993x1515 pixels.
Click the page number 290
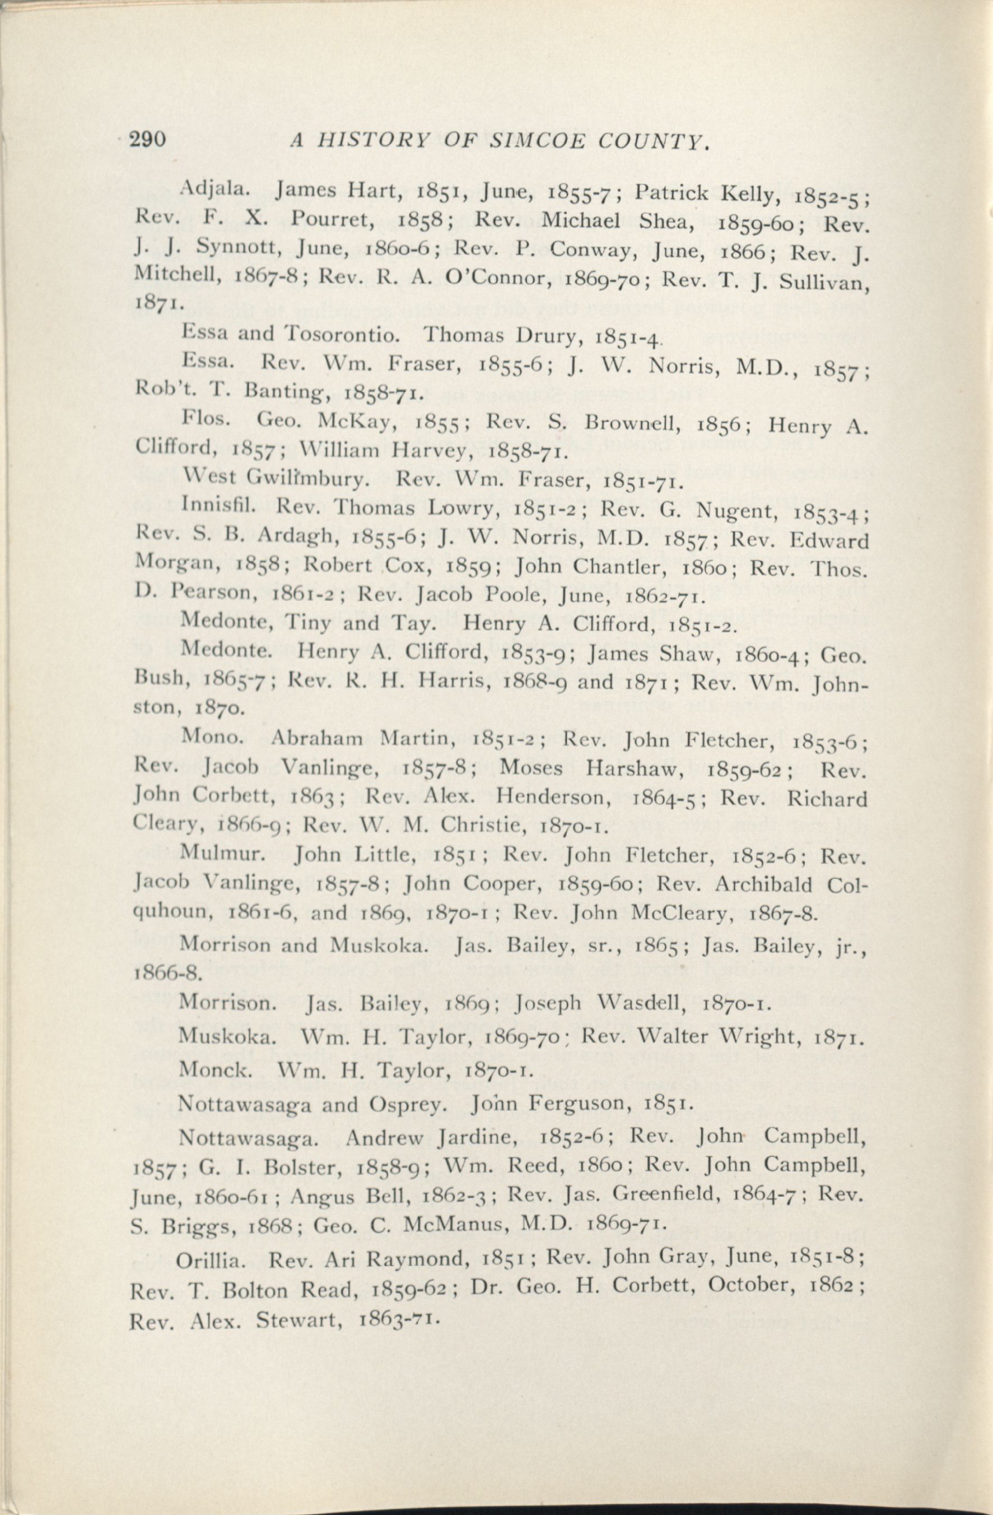pos(148,139)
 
